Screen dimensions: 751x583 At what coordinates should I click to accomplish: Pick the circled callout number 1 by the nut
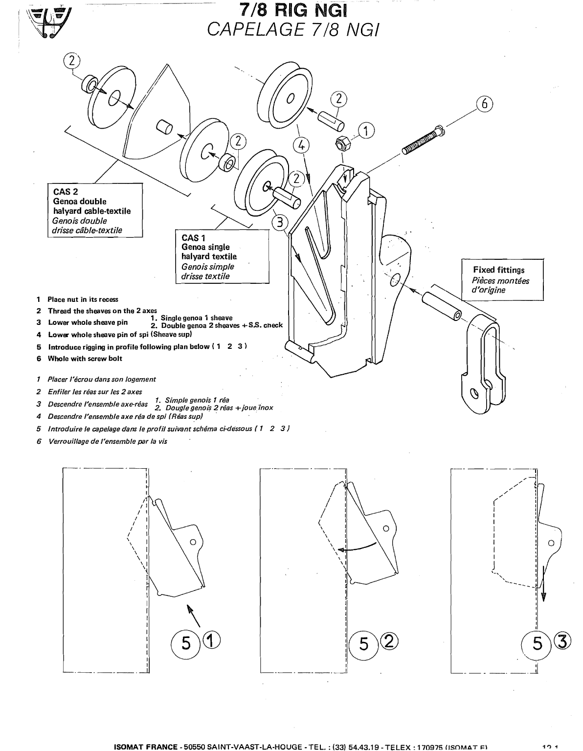click(366, 131)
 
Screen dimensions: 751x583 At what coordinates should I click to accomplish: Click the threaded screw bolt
click(424, 141)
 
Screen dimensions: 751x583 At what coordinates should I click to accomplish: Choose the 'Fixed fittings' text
click(498, 270)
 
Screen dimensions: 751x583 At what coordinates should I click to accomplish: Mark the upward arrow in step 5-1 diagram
click(194, 615)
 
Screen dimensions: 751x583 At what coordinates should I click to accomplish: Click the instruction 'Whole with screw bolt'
click(85, 359)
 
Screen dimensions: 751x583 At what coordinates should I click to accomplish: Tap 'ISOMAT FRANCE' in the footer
click(145, 747)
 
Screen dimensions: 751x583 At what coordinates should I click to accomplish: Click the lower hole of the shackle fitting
click(473, 393)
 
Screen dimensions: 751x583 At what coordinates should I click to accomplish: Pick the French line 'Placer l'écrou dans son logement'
click(101, 379)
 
